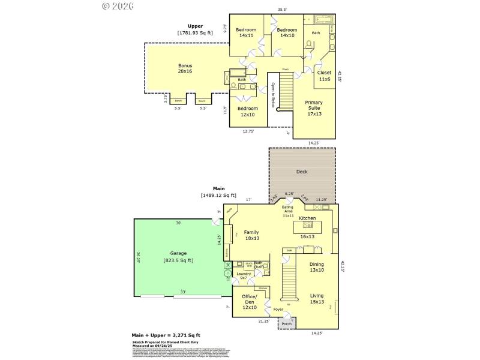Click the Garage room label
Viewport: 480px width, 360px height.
pyautogui.click(x=182, y=257)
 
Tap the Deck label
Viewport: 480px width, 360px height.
pyautogui.click(x=302, y=171)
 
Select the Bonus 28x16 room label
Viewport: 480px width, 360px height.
pyautogui.click(x=185, y=68)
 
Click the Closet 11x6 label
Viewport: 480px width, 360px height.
pyautogui.click(x=324, y=76)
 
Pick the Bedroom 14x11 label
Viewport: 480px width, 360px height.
pyautogui.click(x=246, y=33)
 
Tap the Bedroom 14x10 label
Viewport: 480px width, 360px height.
pyautogui.click(x=287, y=33)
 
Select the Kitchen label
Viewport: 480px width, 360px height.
pyautogui.click(x=307, y=218)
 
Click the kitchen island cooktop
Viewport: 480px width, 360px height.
pyautogui.click(x=308, y=225)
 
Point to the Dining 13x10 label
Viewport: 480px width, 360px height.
pyautogui.click(x=317, y=267)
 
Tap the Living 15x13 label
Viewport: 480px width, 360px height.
pyautogui.click(x=317, y=299)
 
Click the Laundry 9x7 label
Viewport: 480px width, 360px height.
pyautogui.click(x=244, y=276)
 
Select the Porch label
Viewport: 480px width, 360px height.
pyautogui.click(x=287, y=323)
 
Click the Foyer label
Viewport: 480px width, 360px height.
pyautogui.click(x=278, y=310)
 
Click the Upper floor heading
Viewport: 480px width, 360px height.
pyautogui.click(x=195, y=26)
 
